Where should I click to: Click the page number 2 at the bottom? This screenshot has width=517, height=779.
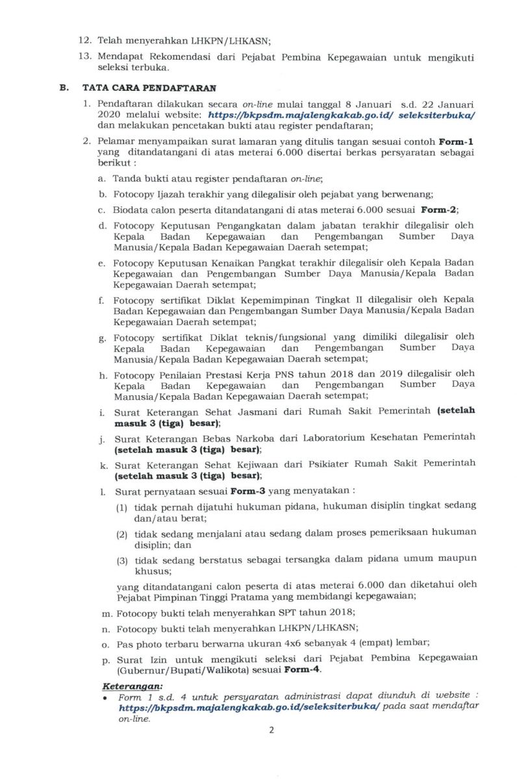coord(271,730)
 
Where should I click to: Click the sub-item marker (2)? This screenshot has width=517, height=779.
coord(122,534)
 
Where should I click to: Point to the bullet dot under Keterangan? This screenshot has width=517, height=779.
coord(105,697)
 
